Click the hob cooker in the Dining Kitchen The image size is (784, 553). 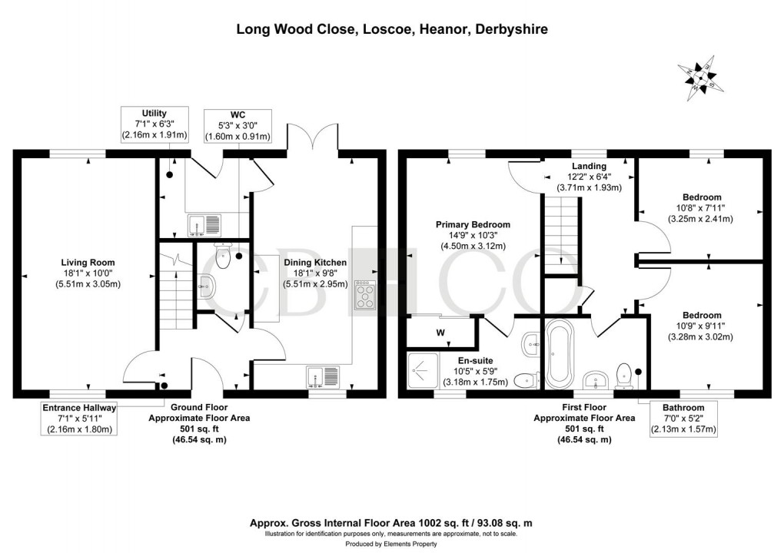tap(364, 296)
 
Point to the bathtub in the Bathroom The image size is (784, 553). tap(559, 355)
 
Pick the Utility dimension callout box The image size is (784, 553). tap(154, 124)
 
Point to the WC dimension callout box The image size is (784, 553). tap(238, 124)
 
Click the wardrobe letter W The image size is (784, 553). tap(440, 333)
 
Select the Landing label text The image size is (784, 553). tap(589, 166)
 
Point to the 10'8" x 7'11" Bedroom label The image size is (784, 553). tap(701, 207)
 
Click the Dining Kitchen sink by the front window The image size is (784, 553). tap(324, 376)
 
